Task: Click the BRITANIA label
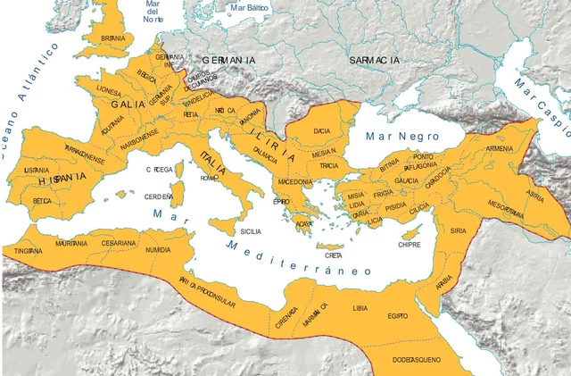pyautogui.click(x=113, y=38)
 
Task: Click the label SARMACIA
pyautogui.click(x=375, y=60)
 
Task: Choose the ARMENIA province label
pyautogui.click(x=502, y=149)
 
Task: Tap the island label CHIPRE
pyautogui.click(x=409, y=244)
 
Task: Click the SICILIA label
pyautogui.click(x=251, y=231)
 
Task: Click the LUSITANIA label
pyautogui.click(x=37, y=170)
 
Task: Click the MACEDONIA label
pyautogui.click(x=295, y=182)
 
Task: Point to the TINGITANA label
pyautogui.click(x=28, y=252)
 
